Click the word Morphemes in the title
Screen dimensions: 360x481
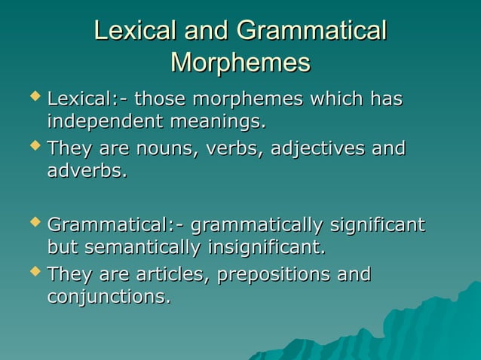[240, 63]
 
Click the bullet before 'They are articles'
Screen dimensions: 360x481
[31, 273]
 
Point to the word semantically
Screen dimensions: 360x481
[143, 248]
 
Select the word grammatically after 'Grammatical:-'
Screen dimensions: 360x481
[257, 224]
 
